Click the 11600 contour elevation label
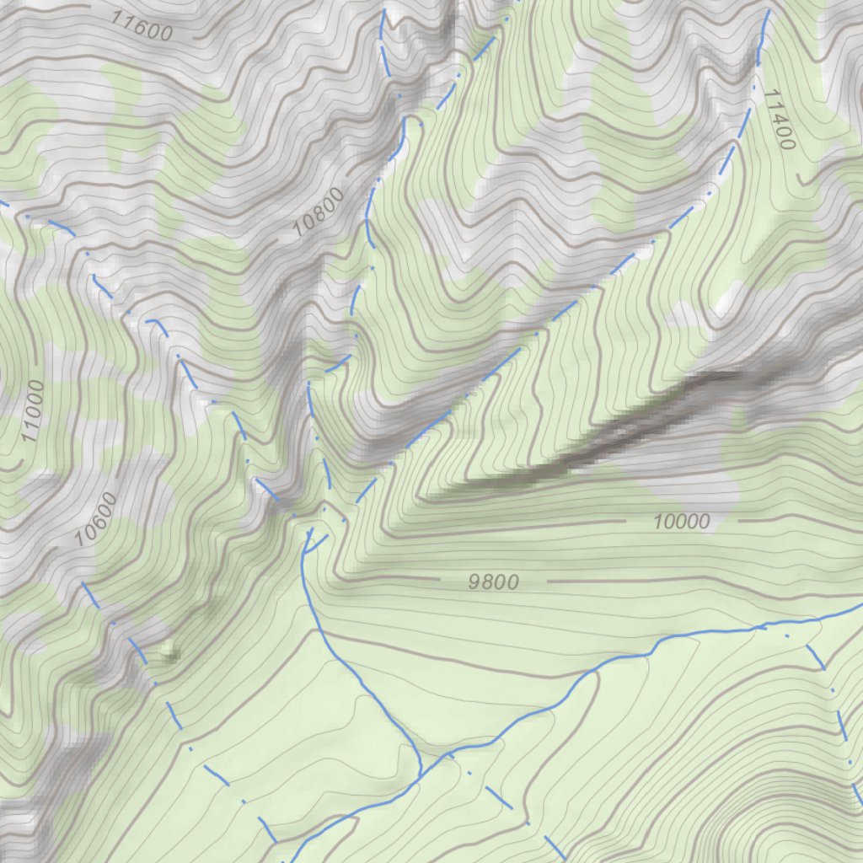[x=141, y=28]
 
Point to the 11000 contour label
[x=32, y=411]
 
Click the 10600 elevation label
[x=95, y=519]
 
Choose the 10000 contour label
[x=681, y=522]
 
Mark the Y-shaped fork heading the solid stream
[x=307, y=539]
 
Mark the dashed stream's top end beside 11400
[x=768, y=12]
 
